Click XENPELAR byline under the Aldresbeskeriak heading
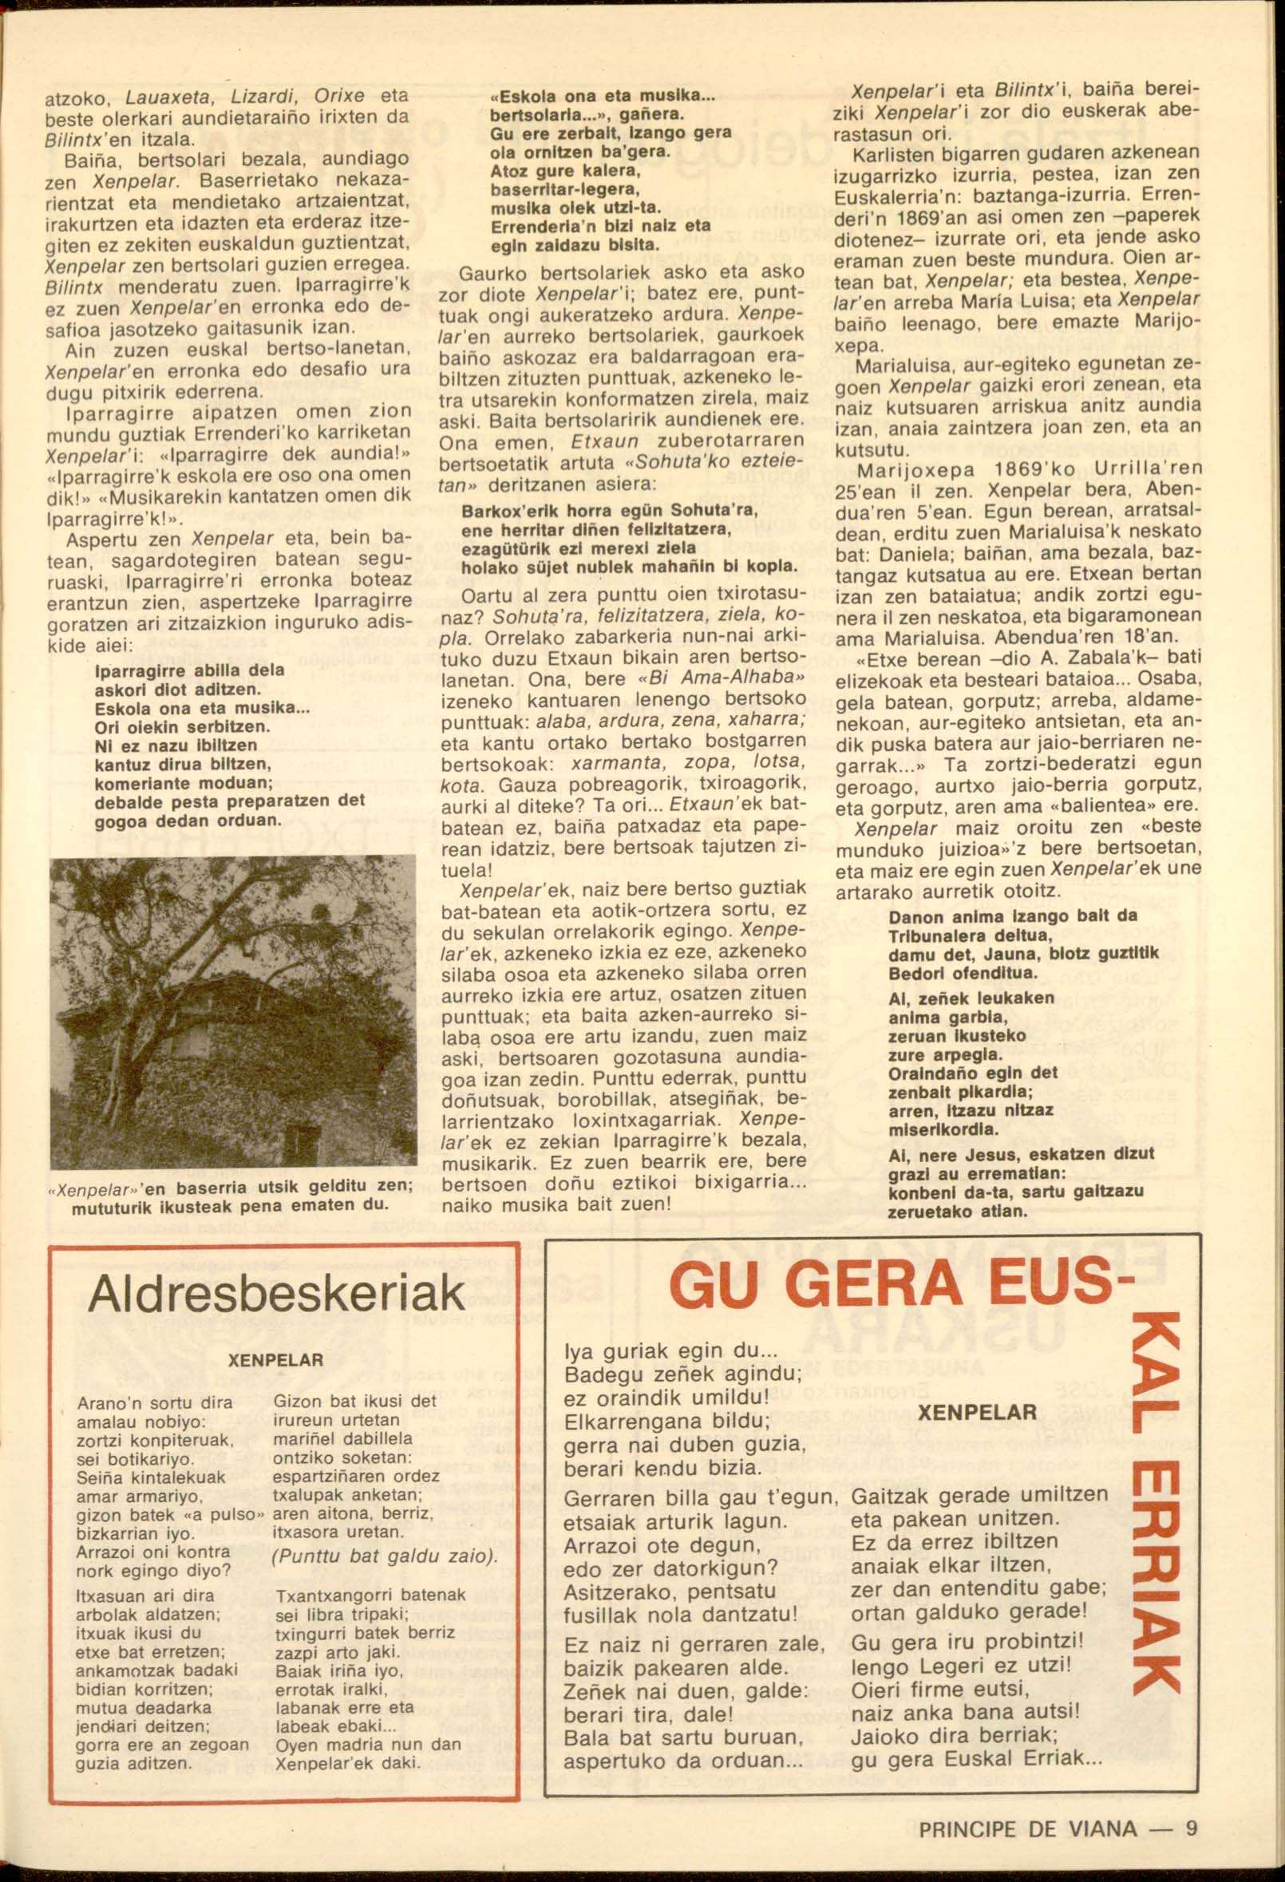276,1360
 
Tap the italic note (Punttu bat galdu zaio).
385,1556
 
